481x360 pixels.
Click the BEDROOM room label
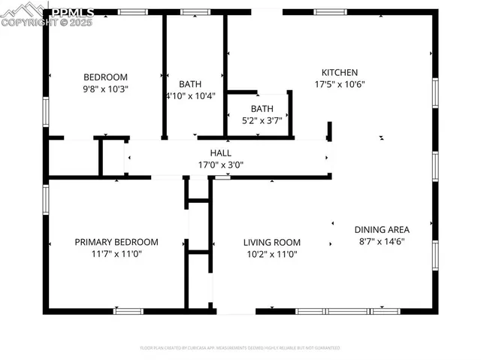pos(105,77)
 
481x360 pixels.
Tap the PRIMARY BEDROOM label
pos(116,242)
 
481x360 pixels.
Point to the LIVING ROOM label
pos(271,243)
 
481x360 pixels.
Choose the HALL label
pos(220,153)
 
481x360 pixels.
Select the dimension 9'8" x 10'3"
pos(105,89)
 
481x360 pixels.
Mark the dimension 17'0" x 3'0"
pos(220,165)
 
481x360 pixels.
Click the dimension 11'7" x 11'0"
pos(116,254)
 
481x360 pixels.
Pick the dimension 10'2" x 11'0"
pos(271,255)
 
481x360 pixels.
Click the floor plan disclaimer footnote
pos(240,348)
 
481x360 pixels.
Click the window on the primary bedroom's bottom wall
pos(128,310)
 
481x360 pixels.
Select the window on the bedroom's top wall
pos(133,12)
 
